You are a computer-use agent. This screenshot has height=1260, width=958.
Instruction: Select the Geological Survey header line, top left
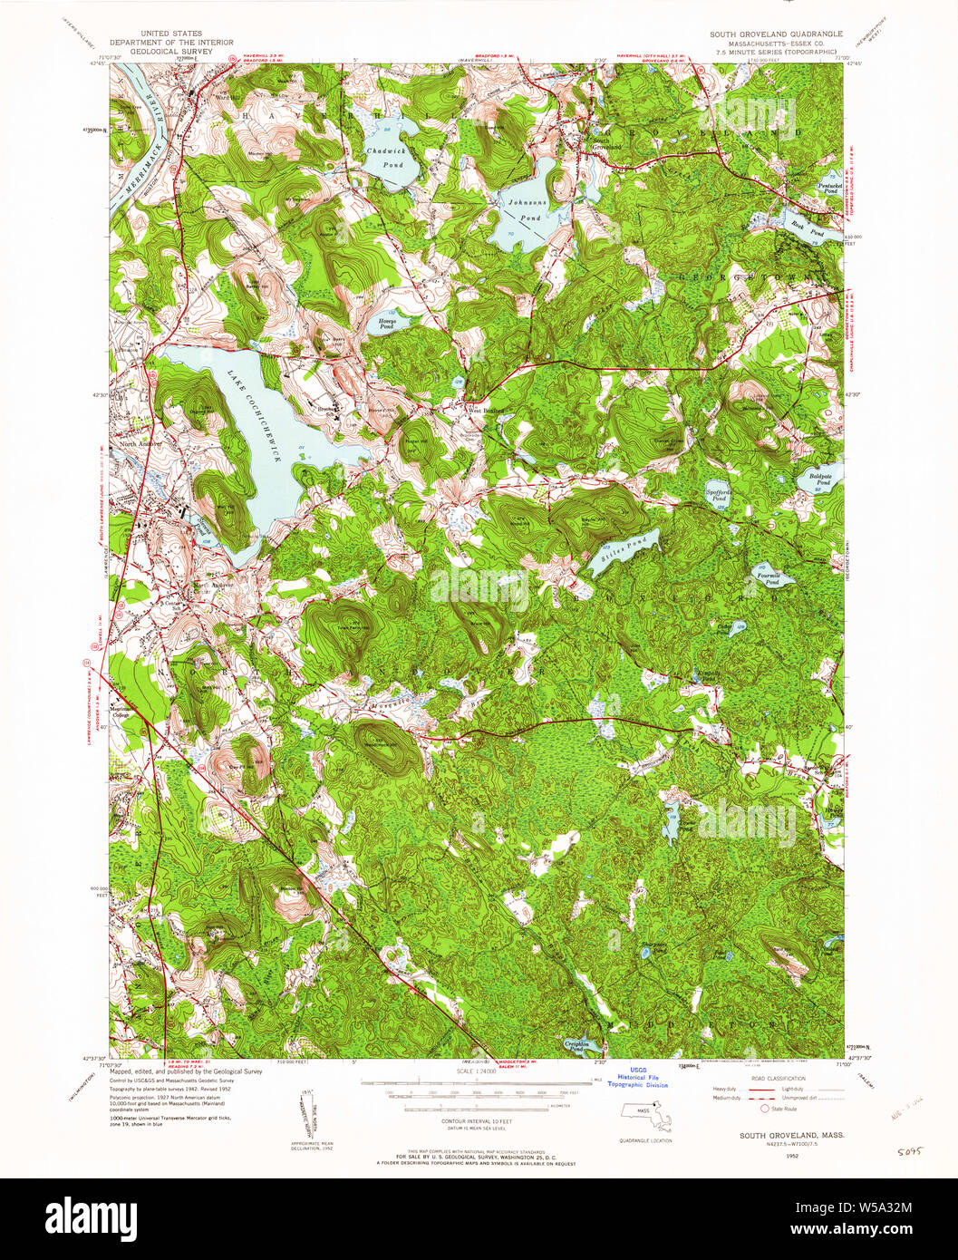tap(170, 52)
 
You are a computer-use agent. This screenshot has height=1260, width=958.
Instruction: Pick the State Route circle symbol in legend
tap(765, 1108)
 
